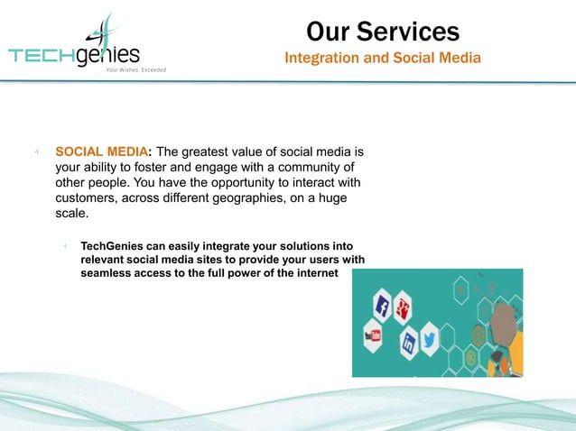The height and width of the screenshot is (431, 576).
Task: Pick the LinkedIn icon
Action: click(x=408, y=343)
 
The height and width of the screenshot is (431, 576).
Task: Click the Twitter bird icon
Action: click(x=430, y=340)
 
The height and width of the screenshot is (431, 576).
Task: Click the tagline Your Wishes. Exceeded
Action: click(x=136, y=69)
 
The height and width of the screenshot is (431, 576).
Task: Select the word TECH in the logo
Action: click(x=42, y=55)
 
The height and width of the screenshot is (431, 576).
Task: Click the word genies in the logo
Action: click(x=108, y=53)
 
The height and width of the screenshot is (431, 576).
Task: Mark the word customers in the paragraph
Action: click(x=86, y=198)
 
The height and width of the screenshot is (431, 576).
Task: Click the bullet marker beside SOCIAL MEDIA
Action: click(x=35, y=151)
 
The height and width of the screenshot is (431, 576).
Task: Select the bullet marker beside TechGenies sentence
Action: click(x=66, y=246)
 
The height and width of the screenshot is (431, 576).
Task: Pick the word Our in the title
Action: click(x=328, y=32)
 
